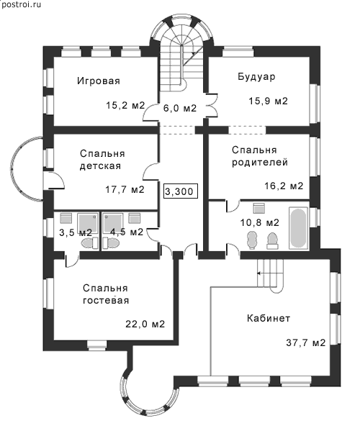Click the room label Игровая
click(99, 81)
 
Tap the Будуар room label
click(256, 77)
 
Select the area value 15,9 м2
click(268, 101)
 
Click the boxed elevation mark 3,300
click(181, 191)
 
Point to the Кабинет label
click(268, 318)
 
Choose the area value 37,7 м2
click(306, 342)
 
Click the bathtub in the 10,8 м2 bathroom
click(298, 228)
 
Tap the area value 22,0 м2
click(145, 324)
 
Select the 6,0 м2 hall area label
click(180, 108)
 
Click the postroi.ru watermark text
click(22, 4)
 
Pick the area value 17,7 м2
click(125, 189)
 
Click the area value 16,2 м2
click(284, 186)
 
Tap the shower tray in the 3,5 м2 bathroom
click(88, 223)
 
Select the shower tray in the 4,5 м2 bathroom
click(113, 223)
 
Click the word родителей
click(260, 162)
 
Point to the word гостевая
click(106, 300)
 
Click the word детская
click(100, 166)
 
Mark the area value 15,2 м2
click(125, 105)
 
